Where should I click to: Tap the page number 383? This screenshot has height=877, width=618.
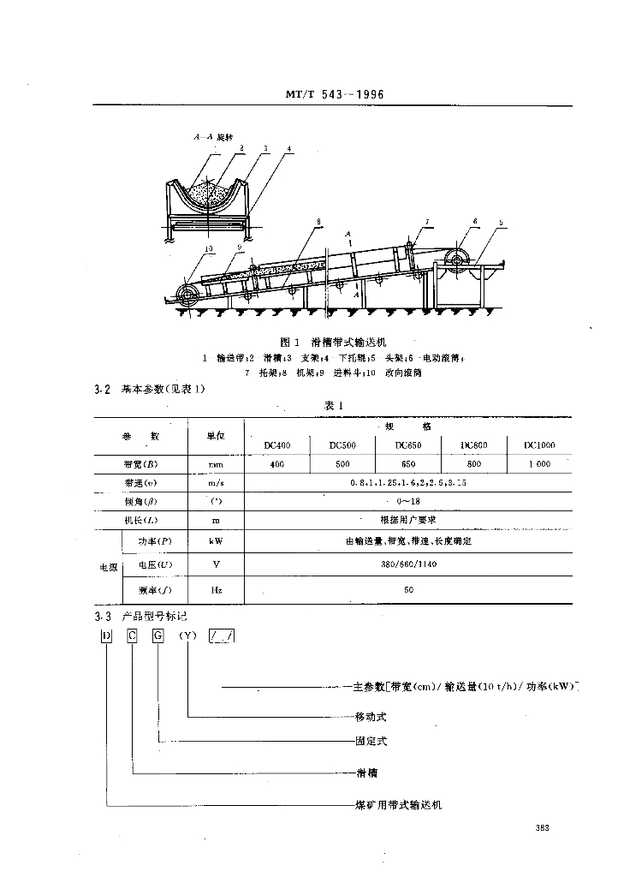coord(541,826)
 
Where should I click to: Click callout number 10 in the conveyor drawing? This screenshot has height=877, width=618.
coord(185,249)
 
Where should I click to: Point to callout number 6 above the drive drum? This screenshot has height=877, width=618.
coord(474,221)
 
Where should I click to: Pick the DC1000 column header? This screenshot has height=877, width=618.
coord(539,445)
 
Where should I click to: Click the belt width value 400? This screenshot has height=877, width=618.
coord(277,464)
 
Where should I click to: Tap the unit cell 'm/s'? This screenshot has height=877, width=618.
coord(216,484)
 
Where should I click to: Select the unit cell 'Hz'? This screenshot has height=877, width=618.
coord(216,590)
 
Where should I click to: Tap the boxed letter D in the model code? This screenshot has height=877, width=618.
coord(106,635)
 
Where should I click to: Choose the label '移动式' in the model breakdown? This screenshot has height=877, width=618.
coord(371,716)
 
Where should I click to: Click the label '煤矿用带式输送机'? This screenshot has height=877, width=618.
coord(398,806)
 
